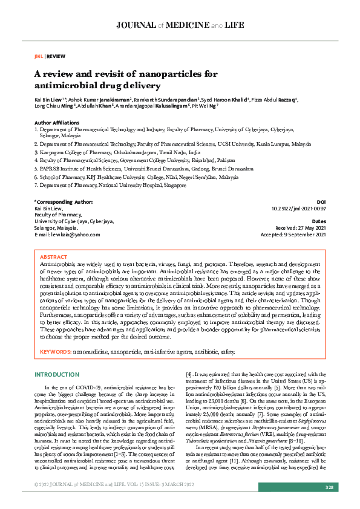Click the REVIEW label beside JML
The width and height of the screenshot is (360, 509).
(56, 55)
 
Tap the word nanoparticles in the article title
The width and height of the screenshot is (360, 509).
(174, 74)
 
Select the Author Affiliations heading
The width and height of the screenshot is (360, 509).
(57, 123)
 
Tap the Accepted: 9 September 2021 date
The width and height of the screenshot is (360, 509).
(293, 235)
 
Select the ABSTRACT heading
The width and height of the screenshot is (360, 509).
(53, 257)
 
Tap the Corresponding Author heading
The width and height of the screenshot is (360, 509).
(64, 201)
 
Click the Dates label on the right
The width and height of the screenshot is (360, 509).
(319, 221)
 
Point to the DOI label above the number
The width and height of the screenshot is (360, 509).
(321, 201)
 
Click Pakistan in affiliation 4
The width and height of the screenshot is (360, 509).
(214, 162)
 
